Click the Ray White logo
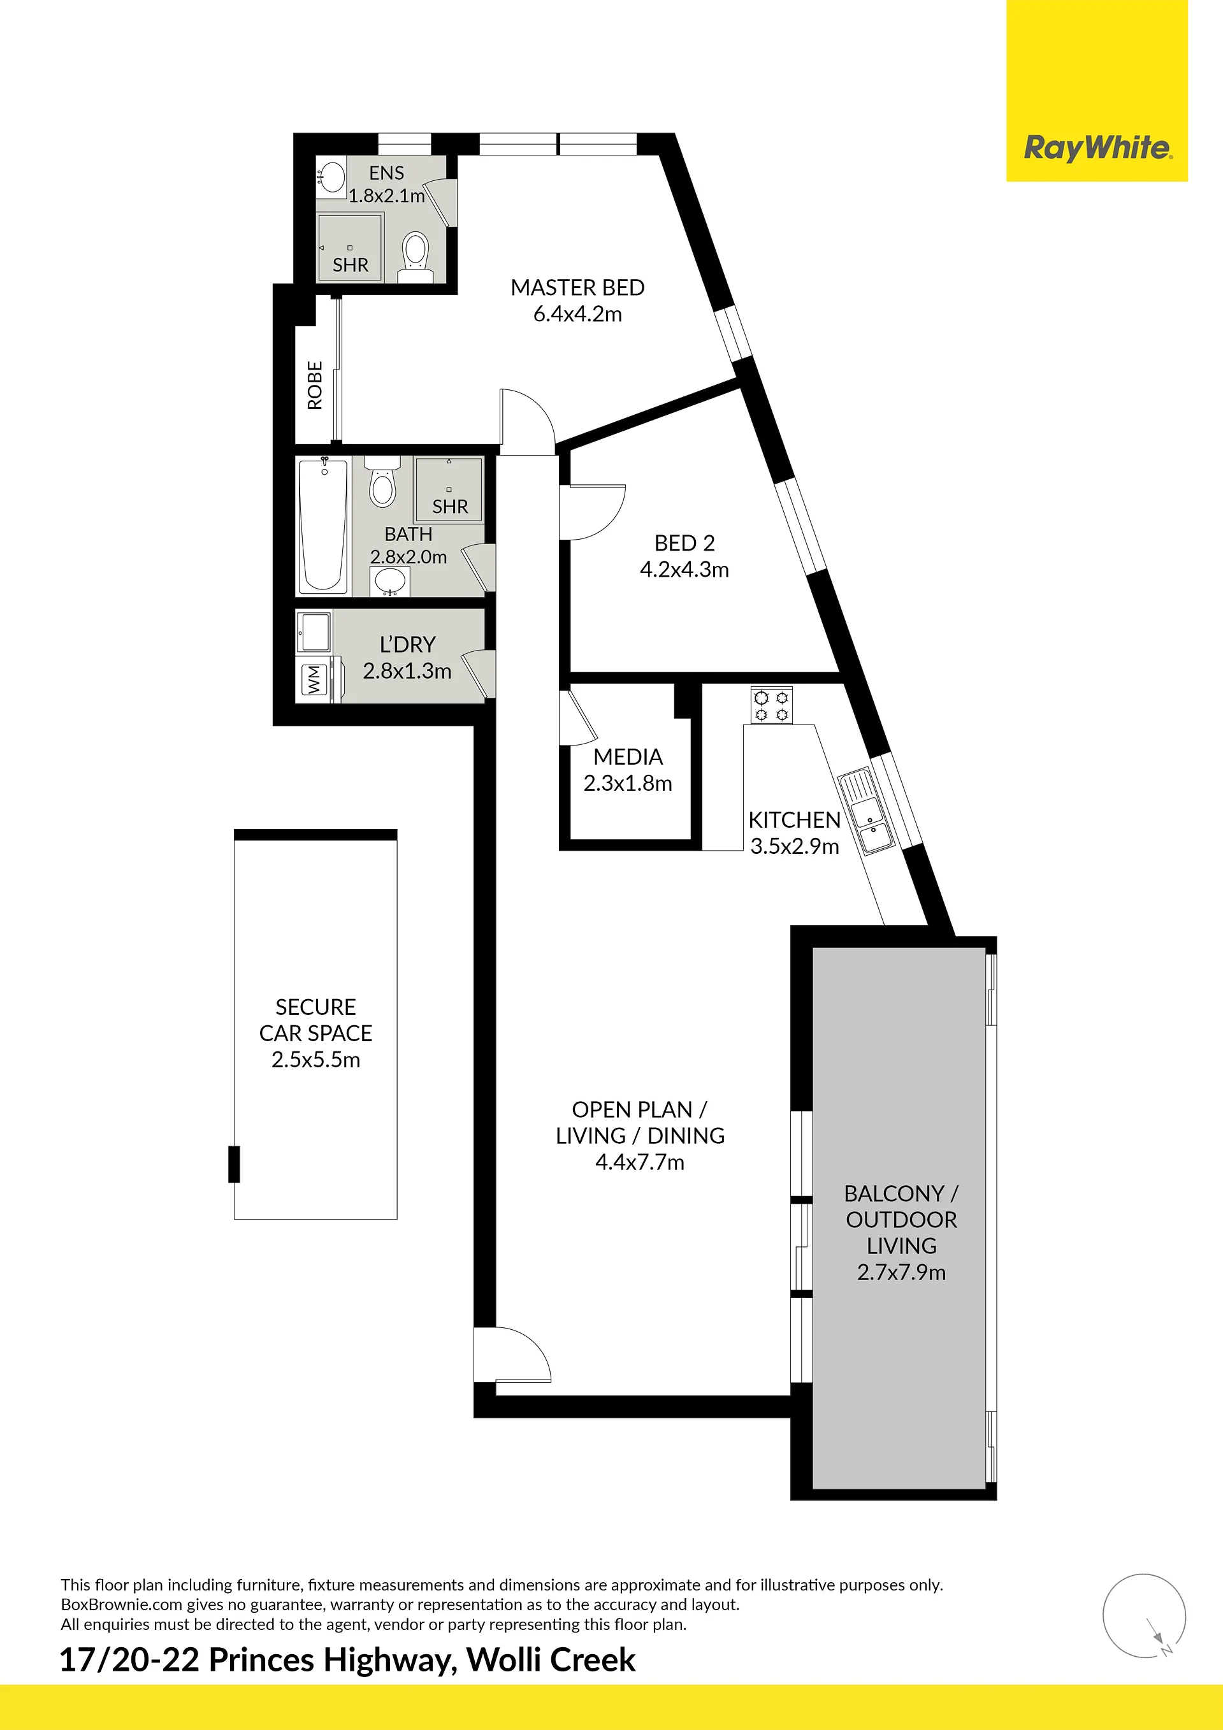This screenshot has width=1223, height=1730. pyautogui.click(x=1097, y=148)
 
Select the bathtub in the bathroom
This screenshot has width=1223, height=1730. pyautogui.click(x=323, y=526)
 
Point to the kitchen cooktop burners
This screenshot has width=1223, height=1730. pyautogui.click(x=771, y=705)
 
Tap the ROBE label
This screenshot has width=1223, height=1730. pyautogui.click(x=315, y=385)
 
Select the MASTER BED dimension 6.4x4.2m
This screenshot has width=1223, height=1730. pyautogui.click(x=578, y=314)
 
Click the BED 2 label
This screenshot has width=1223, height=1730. pyautogui.click(x=684, y=542)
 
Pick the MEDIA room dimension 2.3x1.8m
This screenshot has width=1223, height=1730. pyautogui.click(x=628, y=784)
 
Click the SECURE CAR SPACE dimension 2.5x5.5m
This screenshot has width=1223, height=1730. pyautogui.click(x=315, y=1060)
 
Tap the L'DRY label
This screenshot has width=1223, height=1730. pyautogui.click(x=407, y=644)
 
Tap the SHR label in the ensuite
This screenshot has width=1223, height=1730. pyautogui.click(x=351, y=265)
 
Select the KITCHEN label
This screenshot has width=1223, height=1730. pyautogui.click(x=794, y=820)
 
